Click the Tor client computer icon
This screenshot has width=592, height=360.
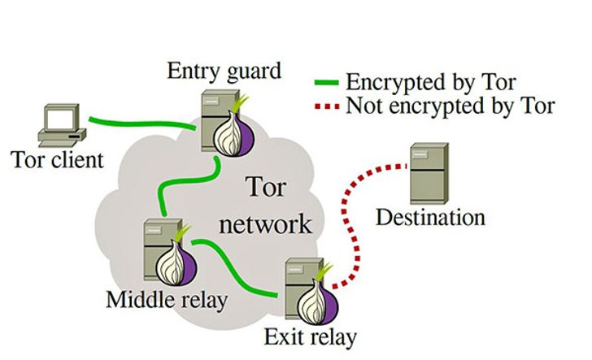(x=62, y=125)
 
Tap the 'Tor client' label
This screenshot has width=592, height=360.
(x=57, y=159)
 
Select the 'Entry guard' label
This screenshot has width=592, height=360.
(x=224, y=71)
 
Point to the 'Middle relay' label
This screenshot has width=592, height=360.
(x=167, y=300)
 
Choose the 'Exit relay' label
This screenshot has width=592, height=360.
(x=310, y=337)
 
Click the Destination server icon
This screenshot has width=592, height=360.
(x=429, y=173)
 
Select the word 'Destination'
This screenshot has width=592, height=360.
(x=430, y=217)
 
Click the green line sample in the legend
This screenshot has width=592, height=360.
(x=327, y=82)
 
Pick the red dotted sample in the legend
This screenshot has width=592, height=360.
(x=327, y=106)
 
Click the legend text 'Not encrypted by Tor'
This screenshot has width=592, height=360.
(x=451, y=106)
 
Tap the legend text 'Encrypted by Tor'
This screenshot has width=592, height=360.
(x=431, y=82)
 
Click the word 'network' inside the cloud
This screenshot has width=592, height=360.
(x=265, y=224)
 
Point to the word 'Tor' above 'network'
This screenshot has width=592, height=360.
(x=266, y=187)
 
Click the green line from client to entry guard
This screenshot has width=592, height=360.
(x=141, y=123)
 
